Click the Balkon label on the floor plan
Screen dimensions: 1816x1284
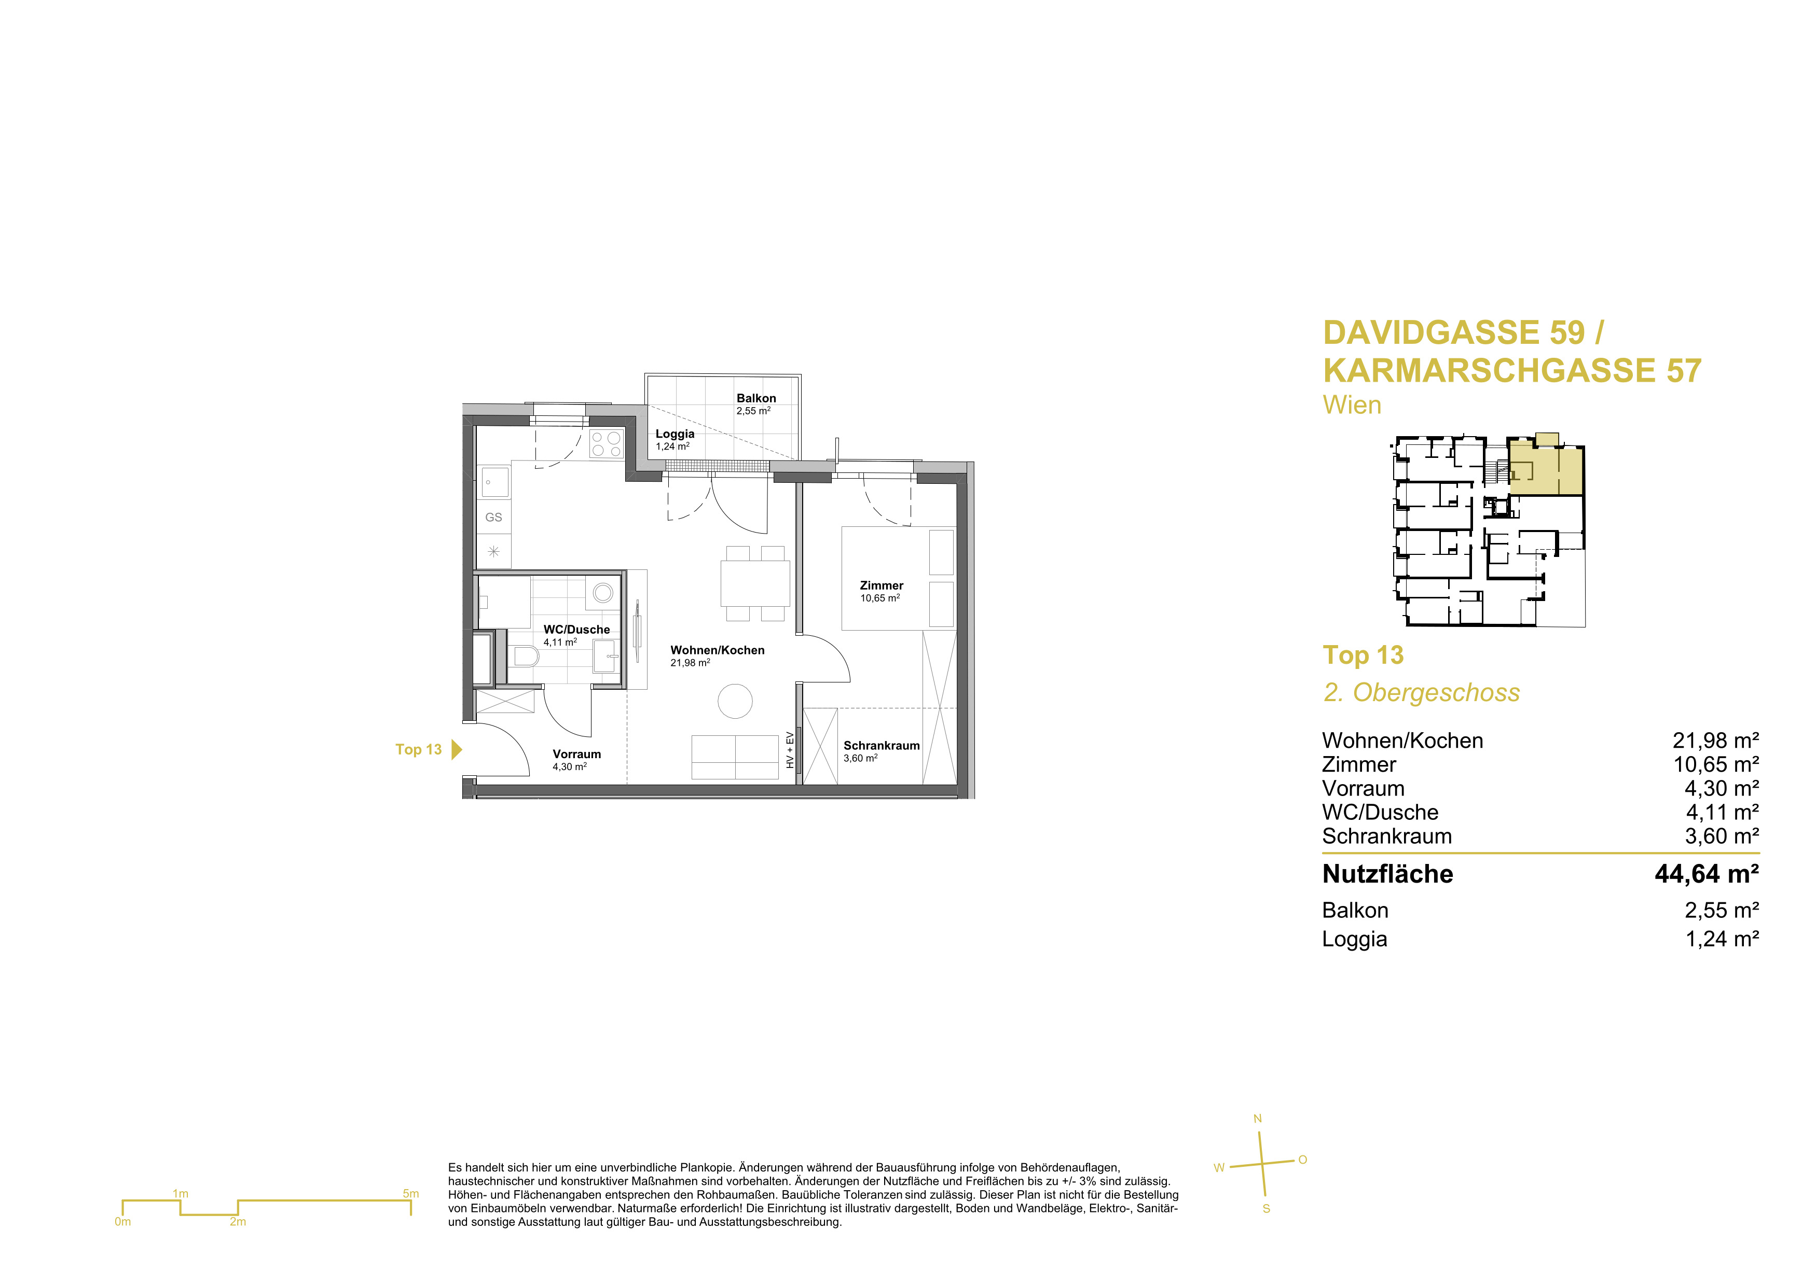pos(756,398)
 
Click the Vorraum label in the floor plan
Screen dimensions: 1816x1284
pos(576,754)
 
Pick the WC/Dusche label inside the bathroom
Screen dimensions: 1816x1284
pos(576,630)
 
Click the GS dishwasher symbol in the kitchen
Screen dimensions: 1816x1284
pos(493,517)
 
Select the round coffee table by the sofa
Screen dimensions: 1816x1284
pos(735,701)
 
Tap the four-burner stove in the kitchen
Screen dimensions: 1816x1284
pos(607,443)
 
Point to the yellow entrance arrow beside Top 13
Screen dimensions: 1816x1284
pos(457,749)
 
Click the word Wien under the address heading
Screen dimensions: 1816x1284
pos(1352,405)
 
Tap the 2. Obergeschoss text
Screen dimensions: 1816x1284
pos(1421,693)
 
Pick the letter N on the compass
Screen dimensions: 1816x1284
pos(1258,1119)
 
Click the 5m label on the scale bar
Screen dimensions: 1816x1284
pos(410,1193)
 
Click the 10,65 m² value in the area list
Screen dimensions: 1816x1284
pos(1715,764)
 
